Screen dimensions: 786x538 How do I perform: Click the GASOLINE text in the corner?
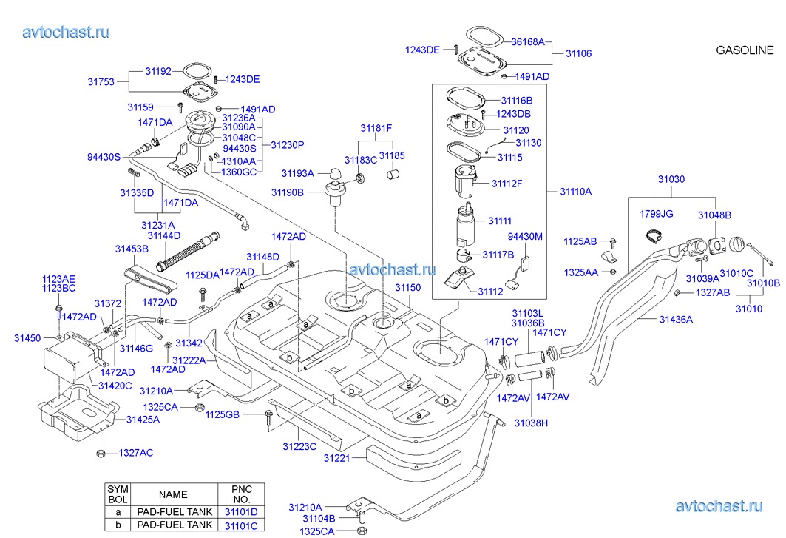745,50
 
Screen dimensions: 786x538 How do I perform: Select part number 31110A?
575,191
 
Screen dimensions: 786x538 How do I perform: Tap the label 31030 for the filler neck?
671,179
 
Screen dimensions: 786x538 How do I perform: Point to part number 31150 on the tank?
407,288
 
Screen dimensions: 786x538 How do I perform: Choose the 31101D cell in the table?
241,512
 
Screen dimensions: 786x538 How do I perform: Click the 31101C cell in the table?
241,525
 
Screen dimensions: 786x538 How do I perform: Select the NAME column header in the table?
173,494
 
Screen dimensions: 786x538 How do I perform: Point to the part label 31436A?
676,319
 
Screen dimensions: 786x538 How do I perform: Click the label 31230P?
287,145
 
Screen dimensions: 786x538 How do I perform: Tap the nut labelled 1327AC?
101,454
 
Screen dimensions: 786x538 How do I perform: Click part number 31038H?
531,423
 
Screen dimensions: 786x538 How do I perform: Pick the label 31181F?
376,129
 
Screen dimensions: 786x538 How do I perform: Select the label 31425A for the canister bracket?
143,420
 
